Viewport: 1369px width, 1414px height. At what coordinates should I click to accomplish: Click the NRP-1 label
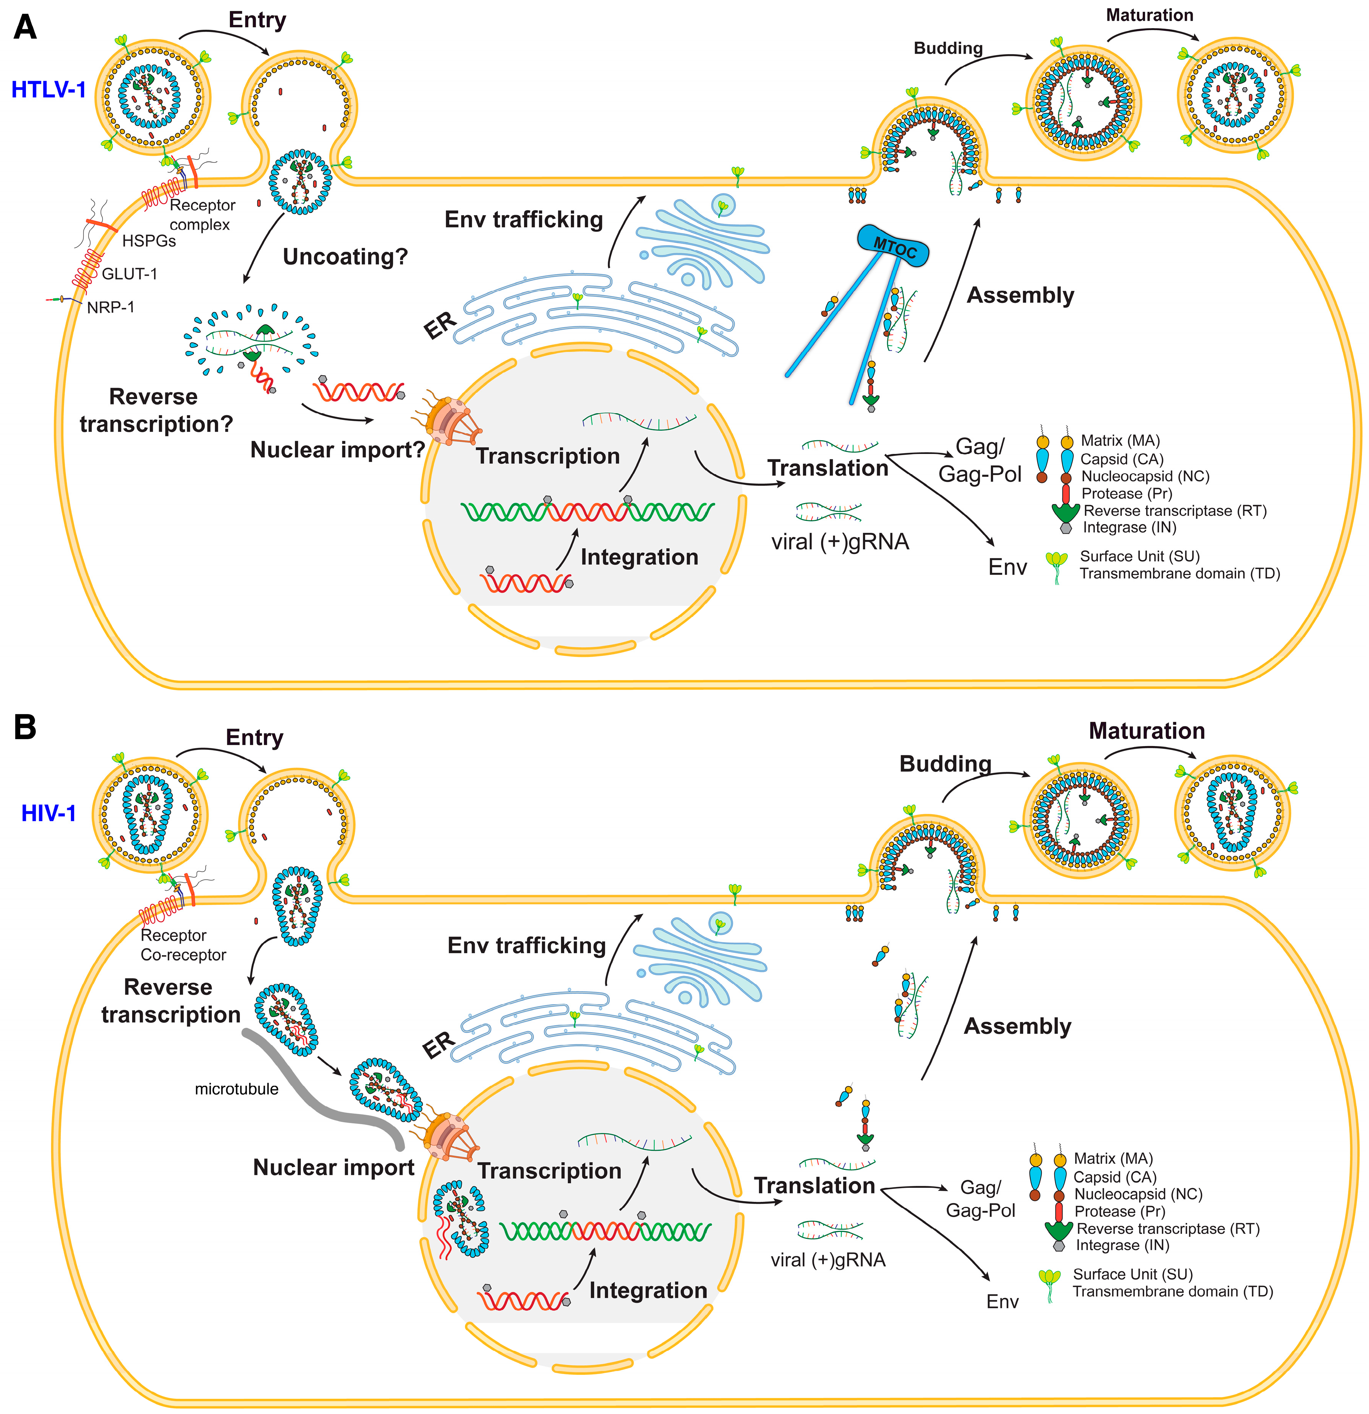tap(110, 307)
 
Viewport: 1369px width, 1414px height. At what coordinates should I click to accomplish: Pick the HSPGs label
tap(149, 241)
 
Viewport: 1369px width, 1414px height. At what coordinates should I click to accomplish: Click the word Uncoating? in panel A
tap(345, 257)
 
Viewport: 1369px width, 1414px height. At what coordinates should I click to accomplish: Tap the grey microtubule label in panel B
tap(236, 1090)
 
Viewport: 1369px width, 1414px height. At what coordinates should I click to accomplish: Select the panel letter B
tap(25, 727)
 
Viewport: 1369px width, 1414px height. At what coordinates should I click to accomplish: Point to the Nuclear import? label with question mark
tap(337, 450)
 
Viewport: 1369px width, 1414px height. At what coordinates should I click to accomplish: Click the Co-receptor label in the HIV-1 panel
tap(183, 955)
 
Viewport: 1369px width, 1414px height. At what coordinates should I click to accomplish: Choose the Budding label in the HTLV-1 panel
tap(948, 48)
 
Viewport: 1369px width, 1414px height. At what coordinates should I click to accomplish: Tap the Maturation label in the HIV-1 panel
tap(1146, 731)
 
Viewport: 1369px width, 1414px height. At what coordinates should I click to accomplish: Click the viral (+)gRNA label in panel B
tap(828, 1260)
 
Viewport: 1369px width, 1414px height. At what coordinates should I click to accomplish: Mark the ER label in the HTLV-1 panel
tap(439, 326)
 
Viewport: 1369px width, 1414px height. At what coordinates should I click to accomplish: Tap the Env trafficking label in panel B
tap(527, 946)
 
